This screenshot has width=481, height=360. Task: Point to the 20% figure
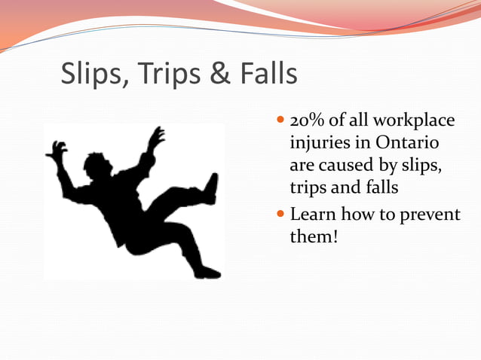click(x=306, y=121)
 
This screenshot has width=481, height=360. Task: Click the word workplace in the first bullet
click(x=417, y=123)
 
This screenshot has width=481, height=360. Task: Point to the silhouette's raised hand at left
click(x=57, y=150)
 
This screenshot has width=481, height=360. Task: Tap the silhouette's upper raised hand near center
click(x=157, y=136)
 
